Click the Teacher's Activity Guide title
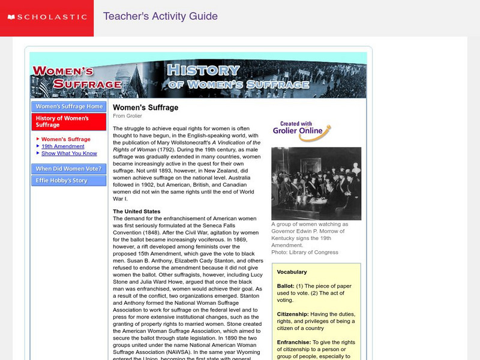point(160,16)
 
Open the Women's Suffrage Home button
point(69,107)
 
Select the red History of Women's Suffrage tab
point(68,122)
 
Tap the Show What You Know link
point(69,154)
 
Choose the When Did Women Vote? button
point(69,169)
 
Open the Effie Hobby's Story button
point(62,181)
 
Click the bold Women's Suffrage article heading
point(146,107)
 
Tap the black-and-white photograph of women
point(316,184)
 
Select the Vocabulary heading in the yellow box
point(292,272)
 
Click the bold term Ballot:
point(286,287)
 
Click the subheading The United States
point(137,212)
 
